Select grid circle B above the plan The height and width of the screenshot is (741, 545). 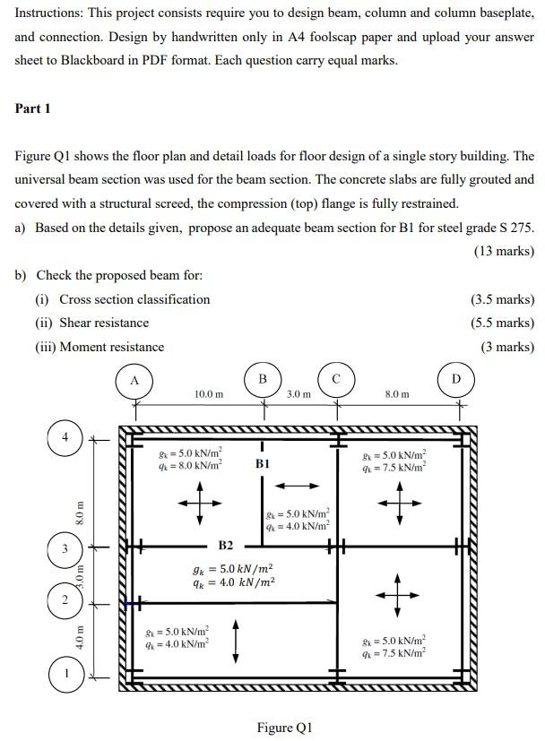click(x=262, y=381)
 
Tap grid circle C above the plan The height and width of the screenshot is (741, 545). click(x=337, y=381)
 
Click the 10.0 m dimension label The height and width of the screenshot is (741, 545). click(x=209, y=393)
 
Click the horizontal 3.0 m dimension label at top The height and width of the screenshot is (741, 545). click(x=299, y=393)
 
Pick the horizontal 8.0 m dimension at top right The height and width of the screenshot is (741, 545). click(x=397, y=393)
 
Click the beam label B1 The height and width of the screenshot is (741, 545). click(x=263, y=464)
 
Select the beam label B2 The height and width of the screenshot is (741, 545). click(x=226, y=545)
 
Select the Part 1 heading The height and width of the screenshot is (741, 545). click(x=33, y=109)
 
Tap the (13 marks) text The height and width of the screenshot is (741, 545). click(x=503, y=251)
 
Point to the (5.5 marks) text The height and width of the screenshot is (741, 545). click(x=501, y=323)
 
